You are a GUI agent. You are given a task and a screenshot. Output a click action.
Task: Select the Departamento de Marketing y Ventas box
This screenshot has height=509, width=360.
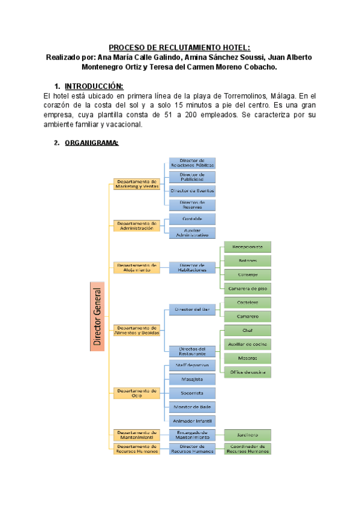(137, 184)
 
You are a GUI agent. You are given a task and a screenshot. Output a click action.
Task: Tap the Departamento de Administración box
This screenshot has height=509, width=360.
(137, 226)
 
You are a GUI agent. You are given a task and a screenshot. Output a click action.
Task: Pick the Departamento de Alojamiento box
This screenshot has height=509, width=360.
(137, 268)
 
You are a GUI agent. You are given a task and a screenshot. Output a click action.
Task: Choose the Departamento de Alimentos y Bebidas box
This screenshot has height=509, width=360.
(137, 330)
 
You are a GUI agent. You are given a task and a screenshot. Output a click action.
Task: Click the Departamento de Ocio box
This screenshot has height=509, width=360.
(137, 393)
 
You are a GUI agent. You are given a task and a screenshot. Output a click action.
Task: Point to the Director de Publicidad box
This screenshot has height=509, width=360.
(191, 176)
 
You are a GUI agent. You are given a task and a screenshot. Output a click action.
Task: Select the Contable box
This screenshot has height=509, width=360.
(191, 218)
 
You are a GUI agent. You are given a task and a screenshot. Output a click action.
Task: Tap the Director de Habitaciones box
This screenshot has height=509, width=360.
(191, 268)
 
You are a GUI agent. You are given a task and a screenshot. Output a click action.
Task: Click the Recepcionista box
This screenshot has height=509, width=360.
(247, 247)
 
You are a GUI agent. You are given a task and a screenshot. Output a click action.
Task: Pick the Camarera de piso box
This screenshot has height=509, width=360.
(247, 289)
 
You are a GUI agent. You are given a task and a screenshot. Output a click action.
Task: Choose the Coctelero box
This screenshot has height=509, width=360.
(247, 303)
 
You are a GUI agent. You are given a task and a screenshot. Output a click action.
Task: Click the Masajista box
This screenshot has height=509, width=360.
(191, 379)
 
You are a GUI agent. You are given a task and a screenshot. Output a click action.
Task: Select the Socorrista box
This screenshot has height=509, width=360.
(191, 393)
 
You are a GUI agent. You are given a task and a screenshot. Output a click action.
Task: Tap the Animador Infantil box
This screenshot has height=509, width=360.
(191, 421)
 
